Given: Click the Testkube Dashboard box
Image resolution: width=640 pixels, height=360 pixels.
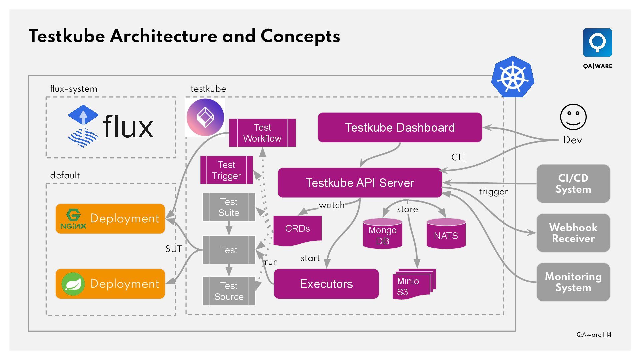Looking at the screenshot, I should tap(400, 128).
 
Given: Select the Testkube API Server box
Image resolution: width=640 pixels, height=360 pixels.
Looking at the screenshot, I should tap(360, 183).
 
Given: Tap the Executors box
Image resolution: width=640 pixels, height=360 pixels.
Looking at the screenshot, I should tap(326, 284).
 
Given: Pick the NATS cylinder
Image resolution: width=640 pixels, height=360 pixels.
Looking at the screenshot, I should tap(446, 234).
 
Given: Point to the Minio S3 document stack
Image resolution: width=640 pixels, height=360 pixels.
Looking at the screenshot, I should tap(413, 284).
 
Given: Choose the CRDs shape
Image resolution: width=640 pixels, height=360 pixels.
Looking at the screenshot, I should tap(297, 230).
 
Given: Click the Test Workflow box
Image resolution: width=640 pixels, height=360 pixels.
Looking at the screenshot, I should tap(262, 133).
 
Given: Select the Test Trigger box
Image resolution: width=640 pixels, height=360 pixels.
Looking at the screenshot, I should tap(226, 170).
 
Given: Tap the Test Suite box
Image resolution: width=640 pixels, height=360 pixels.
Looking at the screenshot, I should tap(229, 207).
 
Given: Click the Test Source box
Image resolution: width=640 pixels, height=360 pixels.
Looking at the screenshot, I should tap(229, 291).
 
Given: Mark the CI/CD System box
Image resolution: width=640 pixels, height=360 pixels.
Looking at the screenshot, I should tap(573, 184).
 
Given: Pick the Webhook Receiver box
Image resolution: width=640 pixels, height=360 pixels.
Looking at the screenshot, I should tap(573, 233).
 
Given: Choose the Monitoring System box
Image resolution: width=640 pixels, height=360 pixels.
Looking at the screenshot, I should tap(573, 282).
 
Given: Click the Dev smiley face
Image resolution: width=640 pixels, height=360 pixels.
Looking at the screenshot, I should tap(573, 117).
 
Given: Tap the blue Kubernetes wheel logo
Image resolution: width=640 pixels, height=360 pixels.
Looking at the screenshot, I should tap(513, 77).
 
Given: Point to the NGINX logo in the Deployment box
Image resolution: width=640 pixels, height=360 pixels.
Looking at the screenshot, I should tap(73, 219).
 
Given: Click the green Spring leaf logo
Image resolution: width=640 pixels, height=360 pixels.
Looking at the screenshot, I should tap(73, 284).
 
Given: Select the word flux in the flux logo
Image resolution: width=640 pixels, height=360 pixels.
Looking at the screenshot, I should tap(128, 127).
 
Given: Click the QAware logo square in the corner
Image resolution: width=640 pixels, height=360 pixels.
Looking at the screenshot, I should tap(597, 43).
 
